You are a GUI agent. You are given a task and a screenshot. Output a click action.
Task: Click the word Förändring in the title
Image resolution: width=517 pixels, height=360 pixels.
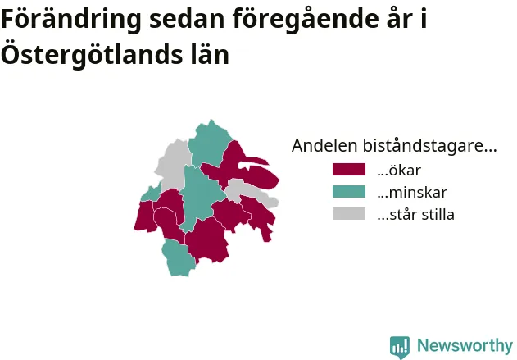(x=71, y=20)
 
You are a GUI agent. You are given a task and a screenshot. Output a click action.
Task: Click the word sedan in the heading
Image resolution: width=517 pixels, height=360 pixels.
(x=187, y=19)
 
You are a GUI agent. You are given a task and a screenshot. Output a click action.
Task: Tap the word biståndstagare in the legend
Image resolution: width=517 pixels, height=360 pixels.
(x=429, y=146)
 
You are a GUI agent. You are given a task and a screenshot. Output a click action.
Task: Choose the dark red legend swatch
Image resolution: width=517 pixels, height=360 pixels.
(x=349, y=169)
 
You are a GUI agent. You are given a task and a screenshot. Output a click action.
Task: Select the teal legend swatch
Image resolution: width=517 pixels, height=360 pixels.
(x=349, y=191)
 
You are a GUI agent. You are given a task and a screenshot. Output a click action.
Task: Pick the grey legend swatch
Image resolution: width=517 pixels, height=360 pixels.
(x=349, y=213)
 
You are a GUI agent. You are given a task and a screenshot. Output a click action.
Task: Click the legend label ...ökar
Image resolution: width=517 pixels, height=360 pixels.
(x=399, y=171)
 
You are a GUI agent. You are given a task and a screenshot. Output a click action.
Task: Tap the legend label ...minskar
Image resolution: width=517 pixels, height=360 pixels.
(x=412, y=193)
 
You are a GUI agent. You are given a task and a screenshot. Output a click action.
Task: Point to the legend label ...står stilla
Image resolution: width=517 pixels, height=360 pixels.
(x=415, y=215)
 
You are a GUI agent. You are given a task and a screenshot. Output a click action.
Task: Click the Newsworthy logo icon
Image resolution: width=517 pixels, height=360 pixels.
(x=400, y=347)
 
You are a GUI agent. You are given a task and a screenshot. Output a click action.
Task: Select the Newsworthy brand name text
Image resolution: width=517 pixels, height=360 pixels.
(x=465, y=345)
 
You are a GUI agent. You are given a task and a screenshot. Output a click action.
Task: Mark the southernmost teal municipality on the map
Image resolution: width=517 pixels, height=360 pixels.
(x=179, y=257)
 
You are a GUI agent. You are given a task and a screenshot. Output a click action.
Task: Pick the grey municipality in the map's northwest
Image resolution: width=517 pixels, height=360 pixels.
(x=172, y=165)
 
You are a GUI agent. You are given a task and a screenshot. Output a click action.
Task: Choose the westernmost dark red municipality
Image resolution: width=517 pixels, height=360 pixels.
(x=145, y=216)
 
